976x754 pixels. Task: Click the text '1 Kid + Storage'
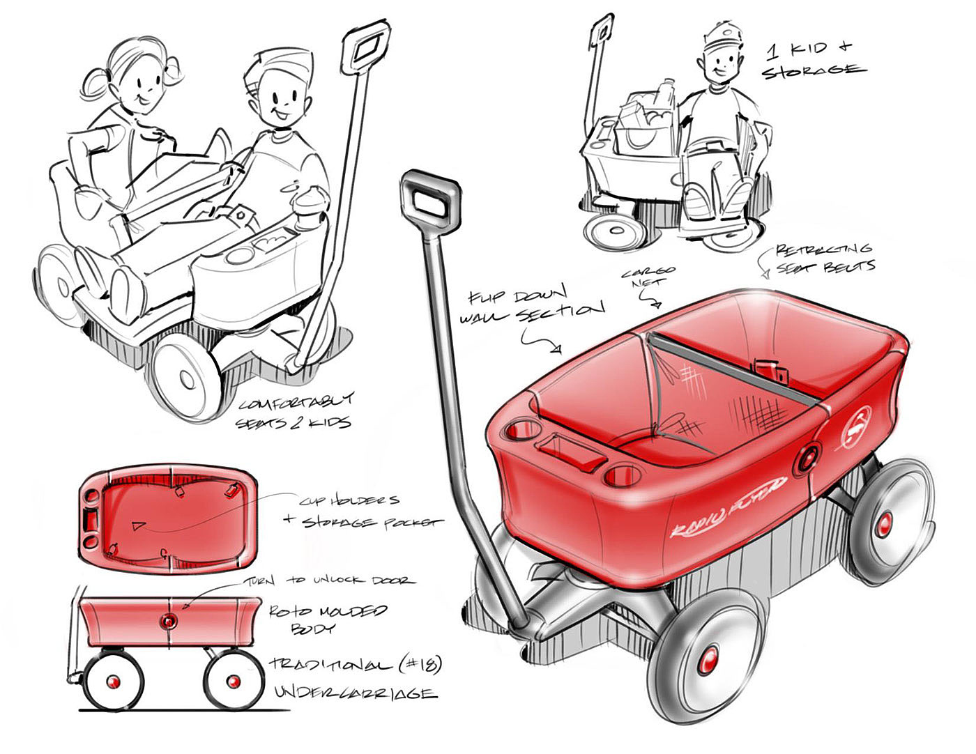(813, 59)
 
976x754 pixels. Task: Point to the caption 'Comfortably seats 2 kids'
(296, 412)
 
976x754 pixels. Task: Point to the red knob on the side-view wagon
(169, 621)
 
